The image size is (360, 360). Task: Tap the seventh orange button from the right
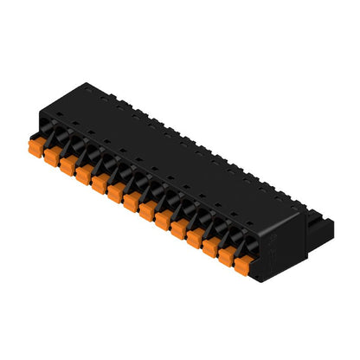click(146, 214)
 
